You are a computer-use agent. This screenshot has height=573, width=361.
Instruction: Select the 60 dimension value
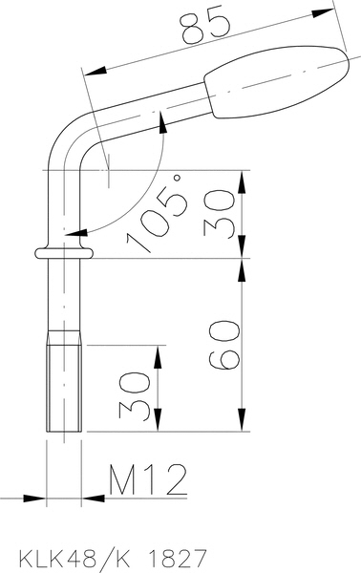click(224, 345)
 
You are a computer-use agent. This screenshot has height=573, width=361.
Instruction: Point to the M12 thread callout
click(148, 479)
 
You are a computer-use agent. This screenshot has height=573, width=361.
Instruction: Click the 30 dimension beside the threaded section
click(135, 395)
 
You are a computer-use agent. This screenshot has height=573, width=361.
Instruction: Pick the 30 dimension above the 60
click(220, 214)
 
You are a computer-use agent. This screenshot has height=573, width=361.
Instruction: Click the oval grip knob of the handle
click(277, 82)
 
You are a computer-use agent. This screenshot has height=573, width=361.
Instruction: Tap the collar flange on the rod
click(64, 253)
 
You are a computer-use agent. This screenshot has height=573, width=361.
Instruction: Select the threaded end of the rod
click(64, 381)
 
